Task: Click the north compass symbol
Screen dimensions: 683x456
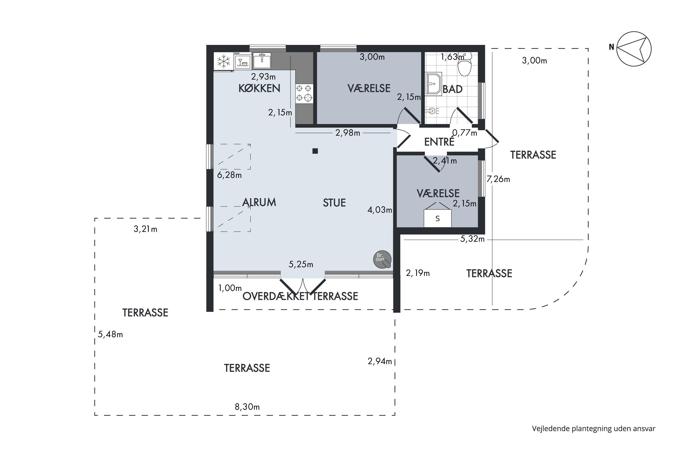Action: click(634, 49)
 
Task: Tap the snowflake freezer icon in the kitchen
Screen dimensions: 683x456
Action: click(224, 61)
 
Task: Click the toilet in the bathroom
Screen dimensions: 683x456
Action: click(465, 65)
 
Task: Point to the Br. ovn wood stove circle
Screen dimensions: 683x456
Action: click(382, 259)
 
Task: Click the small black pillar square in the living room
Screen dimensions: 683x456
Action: click(315, 151)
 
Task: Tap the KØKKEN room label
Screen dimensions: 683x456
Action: click(259, 88)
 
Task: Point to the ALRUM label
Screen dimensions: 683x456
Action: click(259, 202)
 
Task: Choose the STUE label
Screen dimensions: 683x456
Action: click(334, 203)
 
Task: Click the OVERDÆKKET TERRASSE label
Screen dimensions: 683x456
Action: click(300, 296)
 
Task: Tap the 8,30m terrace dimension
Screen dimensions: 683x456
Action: click(247, 407)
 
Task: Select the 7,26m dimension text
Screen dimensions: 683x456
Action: click(498, 179)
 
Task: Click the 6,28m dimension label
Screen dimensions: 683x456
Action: click(229, 175)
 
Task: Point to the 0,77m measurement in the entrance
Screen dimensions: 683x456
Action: click(465, 133)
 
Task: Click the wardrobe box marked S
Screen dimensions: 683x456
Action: click(438, 218)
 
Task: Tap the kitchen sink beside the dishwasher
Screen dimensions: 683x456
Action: click(262, 60)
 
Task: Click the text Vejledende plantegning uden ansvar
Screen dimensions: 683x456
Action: click(594, 429)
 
